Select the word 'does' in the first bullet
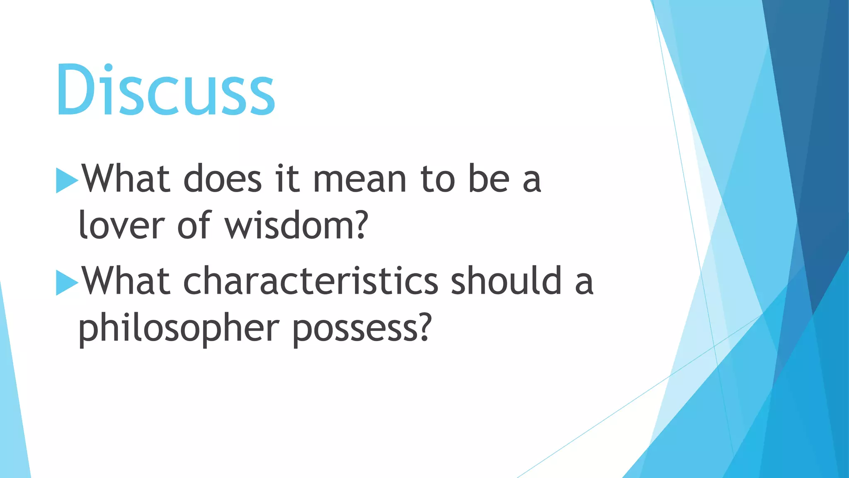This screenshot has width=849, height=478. [x=223, y=179]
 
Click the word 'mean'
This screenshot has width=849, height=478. [x=360, y=180]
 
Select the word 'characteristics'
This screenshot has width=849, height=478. [x=310, y=281]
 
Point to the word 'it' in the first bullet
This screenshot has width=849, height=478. [x=287, y=179]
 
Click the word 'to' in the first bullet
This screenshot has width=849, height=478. [x=438, y=179]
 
